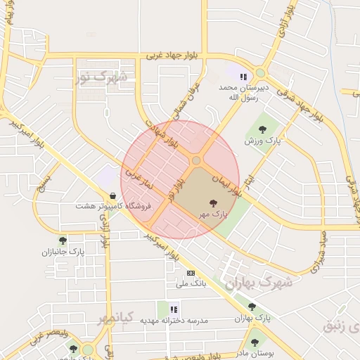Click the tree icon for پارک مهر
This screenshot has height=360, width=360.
click(x=214, y=202)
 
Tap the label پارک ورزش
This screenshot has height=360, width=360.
click(x=263, y=141)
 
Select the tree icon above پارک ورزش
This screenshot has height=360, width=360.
click(x=262, y=129)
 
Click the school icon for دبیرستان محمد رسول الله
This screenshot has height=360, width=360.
click(x=243, y=77)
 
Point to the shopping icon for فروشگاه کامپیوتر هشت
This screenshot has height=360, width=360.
click(x=113, y=196)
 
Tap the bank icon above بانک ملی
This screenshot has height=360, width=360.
click(x=190, y=273)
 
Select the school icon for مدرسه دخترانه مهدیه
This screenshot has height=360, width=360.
click(x=174, y=308)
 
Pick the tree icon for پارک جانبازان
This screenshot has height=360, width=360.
click(x=63, y=240)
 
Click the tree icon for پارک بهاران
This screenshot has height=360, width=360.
click(x=252, y=306)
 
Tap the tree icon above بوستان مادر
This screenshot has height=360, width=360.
click(x=255, y=342)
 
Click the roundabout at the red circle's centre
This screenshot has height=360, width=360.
click(x=196, y=160)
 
